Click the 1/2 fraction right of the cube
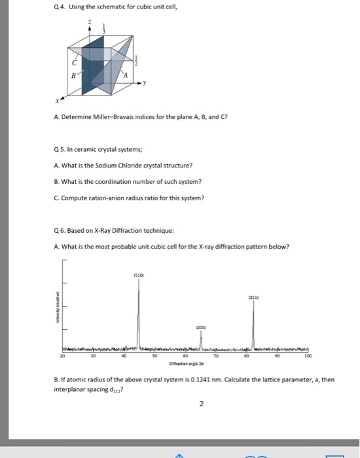(x=135, y=62)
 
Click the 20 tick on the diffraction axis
(x=63, y=357)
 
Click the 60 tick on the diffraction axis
(x=185, y=357)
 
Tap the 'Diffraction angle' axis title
(x=185, y=364)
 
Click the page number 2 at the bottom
(x=201, y=404)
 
